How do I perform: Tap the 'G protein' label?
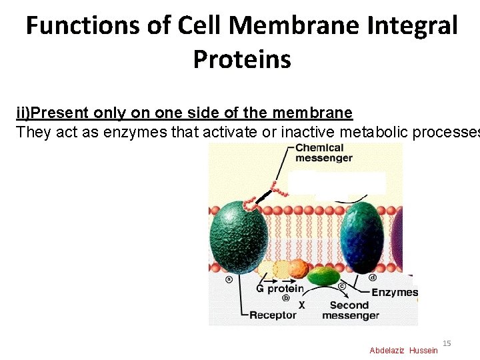point(279,289)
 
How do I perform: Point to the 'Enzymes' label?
point(394,292)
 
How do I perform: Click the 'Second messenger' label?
point(350,310)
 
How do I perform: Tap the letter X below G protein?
point(301,305)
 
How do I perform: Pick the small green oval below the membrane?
point(322,275)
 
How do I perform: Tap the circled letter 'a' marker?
point(229,279)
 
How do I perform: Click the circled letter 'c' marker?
point(341,287)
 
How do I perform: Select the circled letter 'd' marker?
point(373,277)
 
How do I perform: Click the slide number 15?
point(447,343)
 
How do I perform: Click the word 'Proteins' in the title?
point(242,59)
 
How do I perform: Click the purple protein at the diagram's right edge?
point(399,233)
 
